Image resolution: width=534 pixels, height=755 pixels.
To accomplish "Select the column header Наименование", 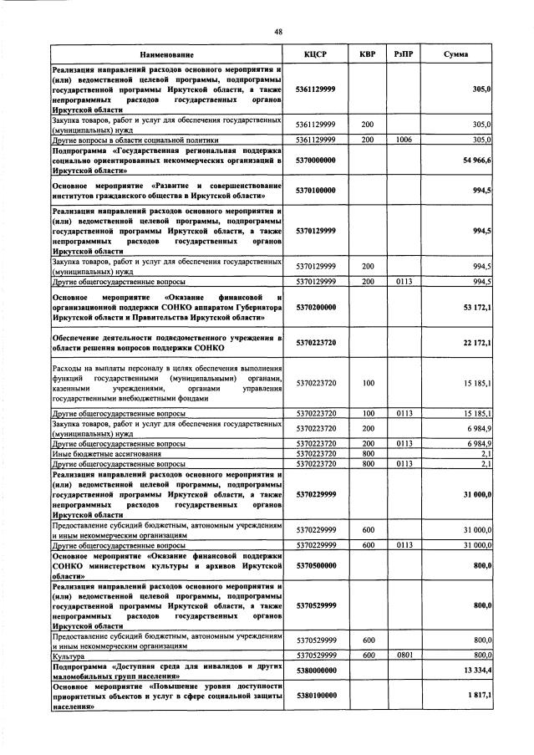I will pos(166,54).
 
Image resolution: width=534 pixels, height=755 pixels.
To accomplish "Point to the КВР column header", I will pos(367,54).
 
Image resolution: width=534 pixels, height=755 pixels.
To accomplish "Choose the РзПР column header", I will pos(404,54).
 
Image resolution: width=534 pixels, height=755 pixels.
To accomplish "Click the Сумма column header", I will pos(455,54).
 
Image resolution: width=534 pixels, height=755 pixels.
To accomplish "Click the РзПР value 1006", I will pos(404,140).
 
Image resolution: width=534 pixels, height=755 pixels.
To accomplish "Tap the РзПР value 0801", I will pos(404,656).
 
